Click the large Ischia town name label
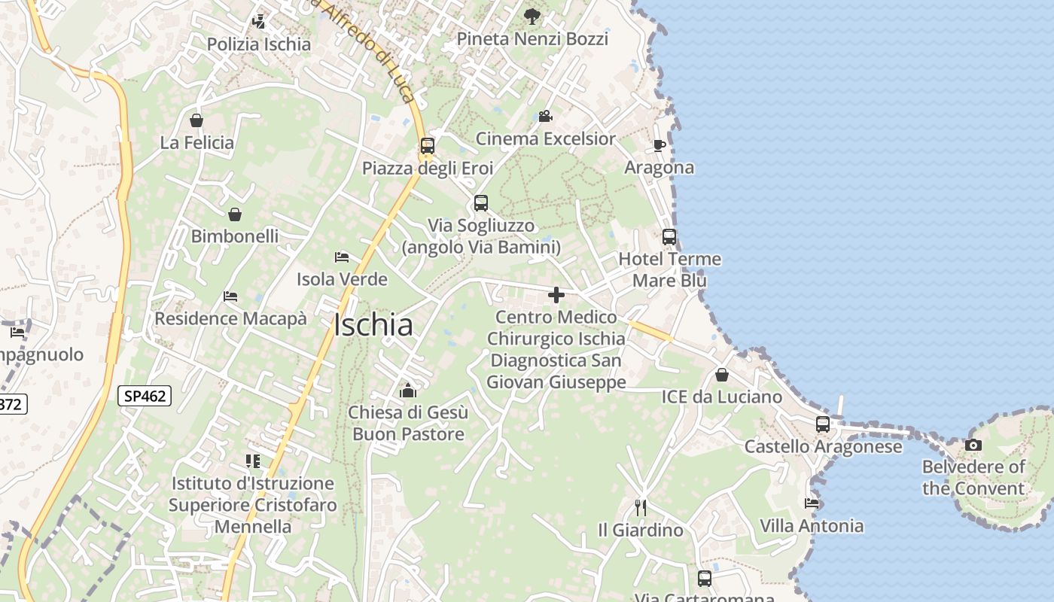[373, 325]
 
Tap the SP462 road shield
[145, 395]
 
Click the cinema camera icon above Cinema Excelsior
[545, 117]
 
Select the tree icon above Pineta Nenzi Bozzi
[532, 16]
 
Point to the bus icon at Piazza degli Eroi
[428, 145]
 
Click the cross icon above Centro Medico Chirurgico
[556, 295]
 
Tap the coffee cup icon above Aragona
[660, 145]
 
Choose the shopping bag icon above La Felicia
[196, 120]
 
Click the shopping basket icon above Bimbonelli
[235, 214]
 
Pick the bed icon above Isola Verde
[342, 257]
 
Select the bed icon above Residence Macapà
[230, 296]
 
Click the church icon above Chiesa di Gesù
[408, 390]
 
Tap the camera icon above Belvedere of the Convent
[973, 445]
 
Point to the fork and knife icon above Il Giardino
[641, 508]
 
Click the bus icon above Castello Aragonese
[823, 424]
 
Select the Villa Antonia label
[812, 526]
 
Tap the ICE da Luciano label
[722, 397]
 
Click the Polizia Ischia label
[259, 44]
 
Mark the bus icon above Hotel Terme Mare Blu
[669, 237]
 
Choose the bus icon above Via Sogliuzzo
[481, 203]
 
